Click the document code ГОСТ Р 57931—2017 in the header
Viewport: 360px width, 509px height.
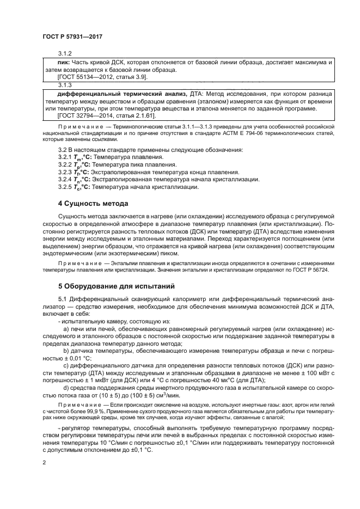point(72,36)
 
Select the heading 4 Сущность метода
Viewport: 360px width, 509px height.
point(93,204)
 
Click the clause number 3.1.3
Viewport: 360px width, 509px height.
point(65,85)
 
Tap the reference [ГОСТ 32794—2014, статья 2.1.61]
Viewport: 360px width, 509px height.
point(106,116)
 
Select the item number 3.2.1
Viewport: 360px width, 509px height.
point(65,157)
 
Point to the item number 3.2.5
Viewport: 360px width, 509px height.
point(65,187)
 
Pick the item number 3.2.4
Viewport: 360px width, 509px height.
point(65,180)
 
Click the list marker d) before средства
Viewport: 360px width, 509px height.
point(66,388)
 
